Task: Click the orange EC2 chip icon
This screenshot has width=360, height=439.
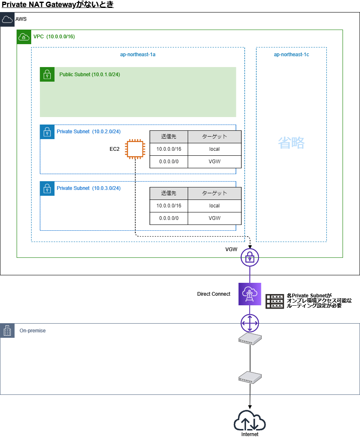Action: click(135, 149)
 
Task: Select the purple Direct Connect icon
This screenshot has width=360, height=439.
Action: click(250, 294)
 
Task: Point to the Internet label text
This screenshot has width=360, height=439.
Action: click(250, 434)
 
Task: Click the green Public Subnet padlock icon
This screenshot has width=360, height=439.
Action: click(47, 75)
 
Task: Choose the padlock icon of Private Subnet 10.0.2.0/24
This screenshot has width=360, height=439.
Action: click(47, 132)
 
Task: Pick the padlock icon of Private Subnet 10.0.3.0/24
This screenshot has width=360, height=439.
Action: click(47, 188)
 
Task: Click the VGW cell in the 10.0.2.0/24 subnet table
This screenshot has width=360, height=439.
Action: click(214, 162)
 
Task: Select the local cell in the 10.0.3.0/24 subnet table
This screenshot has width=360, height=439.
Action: click(214, 206)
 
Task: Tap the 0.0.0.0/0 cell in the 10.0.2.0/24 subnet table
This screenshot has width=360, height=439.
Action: click(169, 162)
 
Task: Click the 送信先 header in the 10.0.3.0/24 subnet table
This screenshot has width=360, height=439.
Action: click(169, 193)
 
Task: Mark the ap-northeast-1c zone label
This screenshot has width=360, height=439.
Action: click(291, 55)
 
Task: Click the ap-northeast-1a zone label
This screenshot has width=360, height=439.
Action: click(138, 55)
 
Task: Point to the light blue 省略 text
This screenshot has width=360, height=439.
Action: click(291, 143)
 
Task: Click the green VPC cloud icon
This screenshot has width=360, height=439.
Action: click(24, 37)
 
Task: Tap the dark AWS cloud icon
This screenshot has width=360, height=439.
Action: click(7, 19)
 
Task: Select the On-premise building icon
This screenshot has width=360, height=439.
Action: click(7, 331)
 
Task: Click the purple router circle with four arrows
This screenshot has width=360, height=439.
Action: click(250, 323)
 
